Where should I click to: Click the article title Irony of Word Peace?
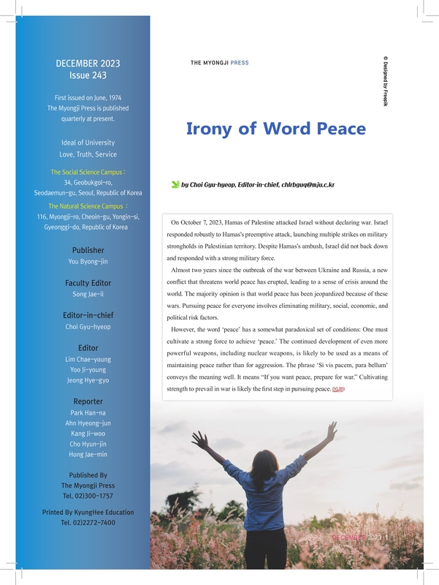(275, 129)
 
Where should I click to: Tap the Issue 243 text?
(88, 75)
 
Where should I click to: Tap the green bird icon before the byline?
(175, 185)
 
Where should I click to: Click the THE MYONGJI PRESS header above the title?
(219, 63)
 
